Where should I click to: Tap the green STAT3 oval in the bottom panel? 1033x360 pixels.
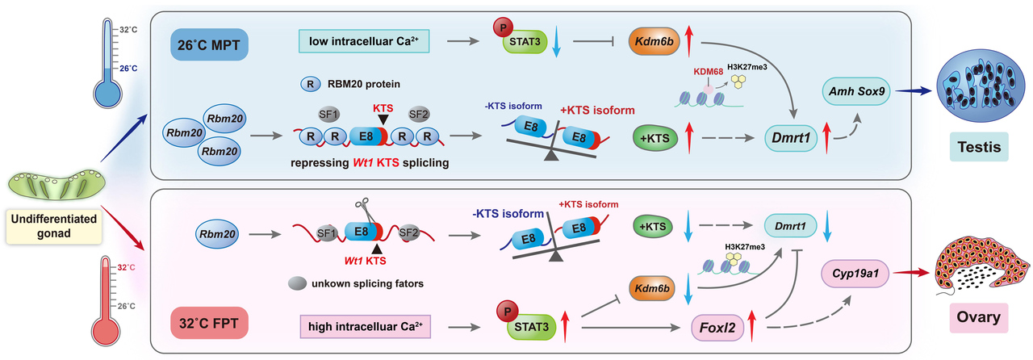[530, 328]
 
